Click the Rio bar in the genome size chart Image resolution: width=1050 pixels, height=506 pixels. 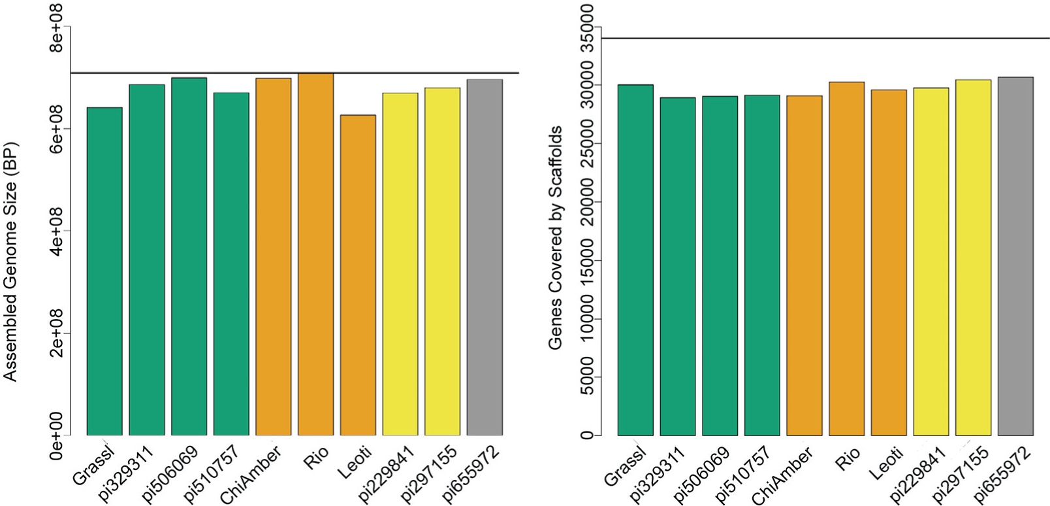[x=316, y=255]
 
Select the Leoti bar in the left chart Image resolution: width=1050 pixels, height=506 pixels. [x=358, y=275]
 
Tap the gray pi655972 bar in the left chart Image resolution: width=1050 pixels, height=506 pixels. [x=485, y=258]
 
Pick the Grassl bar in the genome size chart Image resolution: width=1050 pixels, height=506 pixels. [x=104, y=271]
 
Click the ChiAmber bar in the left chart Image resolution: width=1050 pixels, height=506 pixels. [x=274, y=257]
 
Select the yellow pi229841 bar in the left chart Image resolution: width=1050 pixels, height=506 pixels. [x=400, y=264]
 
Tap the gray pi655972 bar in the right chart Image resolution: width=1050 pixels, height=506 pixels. [x=1016, y=256]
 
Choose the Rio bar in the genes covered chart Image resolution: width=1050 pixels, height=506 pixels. [x=847, y=259]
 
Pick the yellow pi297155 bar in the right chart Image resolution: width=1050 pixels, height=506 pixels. [x=974, y=258]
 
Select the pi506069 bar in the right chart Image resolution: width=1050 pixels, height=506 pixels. [x=720, y=266]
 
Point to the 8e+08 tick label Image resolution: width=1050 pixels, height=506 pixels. [x=58, y=27]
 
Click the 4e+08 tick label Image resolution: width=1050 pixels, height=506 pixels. [x=58, y=231]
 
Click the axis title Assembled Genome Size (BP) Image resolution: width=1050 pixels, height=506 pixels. [x=11, y=261]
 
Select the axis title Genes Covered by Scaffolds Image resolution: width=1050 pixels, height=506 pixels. [x=556, y=238]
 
